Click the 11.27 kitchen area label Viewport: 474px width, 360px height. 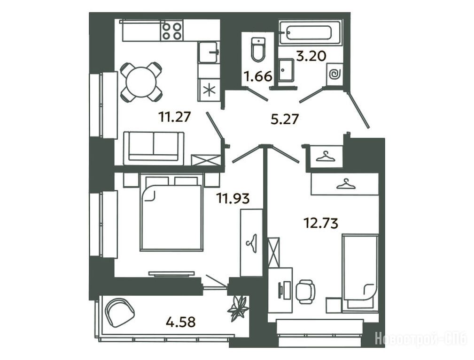point(175,116)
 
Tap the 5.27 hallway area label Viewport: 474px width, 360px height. point(285,119)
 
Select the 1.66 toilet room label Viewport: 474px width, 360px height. point(258,77)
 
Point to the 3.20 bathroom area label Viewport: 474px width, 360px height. point(311,56)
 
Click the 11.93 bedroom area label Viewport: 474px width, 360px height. point(233,198)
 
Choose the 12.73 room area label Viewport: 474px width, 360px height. point(320,223)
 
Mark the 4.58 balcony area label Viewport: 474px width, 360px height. point(181,322)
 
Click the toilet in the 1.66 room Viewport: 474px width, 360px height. point(258,50)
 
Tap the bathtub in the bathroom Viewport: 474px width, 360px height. point(310,33)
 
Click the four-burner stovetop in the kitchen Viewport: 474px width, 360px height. point(172,31)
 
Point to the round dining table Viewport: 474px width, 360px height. point(141,82)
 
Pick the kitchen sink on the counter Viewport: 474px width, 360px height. point(209,52)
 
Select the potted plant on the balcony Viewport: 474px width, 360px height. point(239,309)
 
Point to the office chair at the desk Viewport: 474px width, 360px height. point(305,292)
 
